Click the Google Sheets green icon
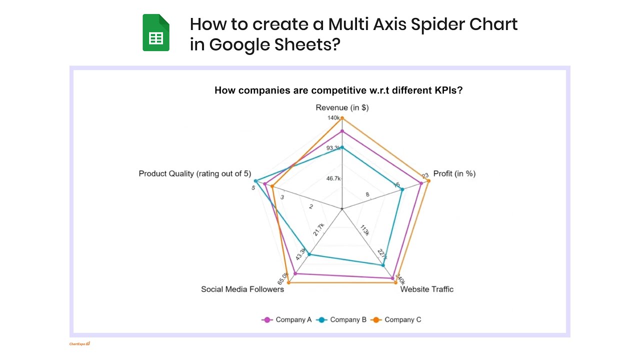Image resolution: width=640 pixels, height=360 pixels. coord(156,32)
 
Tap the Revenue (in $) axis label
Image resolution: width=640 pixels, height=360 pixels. coord(342,107)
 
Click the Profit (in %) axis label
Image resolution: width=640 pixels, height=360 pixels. coord(454,173)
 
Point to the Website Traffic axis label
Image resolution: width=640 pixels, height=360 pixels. coord(426,289)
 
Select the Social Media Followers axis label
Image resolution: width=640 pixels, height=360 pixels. coord(242,289)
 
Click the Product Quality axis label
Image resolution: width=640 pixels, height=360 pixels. coord(194,173)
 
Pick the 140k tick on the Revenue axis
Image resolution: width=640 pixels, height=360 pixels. coord(333,118)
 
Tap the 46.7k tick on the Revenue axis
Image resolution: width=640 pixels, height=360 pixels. coord(333,178)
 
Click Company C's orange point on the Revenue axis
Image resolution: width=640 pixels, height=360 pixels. coord(342,118)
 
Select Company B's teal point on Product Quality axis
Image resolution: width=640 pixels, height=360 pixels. coord(255,181)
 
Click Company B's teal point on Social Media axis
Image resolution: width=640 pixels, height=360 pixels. coord(309,254)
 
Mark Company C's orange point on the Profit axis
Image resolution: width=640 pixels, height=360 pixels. coord(428,181)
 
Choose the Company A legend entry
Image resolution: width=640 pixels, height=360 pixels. coord(287,319)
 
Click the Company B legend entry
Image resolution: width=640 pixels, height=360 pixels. coord(342,319)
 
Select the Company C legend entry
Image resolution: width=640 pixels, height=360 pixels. coord(397,319)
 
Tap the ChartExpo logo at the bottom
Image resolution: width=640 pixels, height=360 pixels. coord(79,344)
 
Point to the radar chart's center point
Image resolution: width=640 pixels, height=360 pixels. coord(342,208)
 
